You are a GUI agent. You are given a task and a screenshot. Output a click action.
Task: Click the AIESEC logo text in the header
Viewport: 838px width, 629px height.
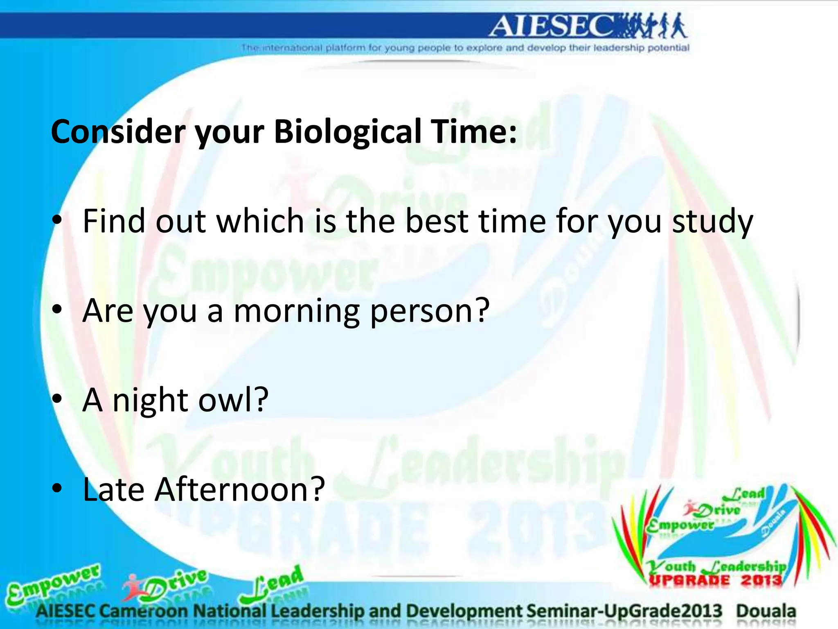click(x=552, y=26)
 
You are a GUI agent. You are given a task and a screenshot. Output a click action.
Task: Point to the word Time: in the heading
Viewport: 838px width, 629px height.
click(x=475, y=132)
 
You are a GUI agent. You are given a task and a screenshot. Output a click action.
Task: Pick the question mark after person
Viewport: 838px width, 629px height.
click(x=482, y=310)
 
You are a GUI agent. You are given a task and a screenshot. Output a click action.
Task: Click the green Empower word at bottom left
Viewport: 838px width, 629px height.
click(x=53, y=584)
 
